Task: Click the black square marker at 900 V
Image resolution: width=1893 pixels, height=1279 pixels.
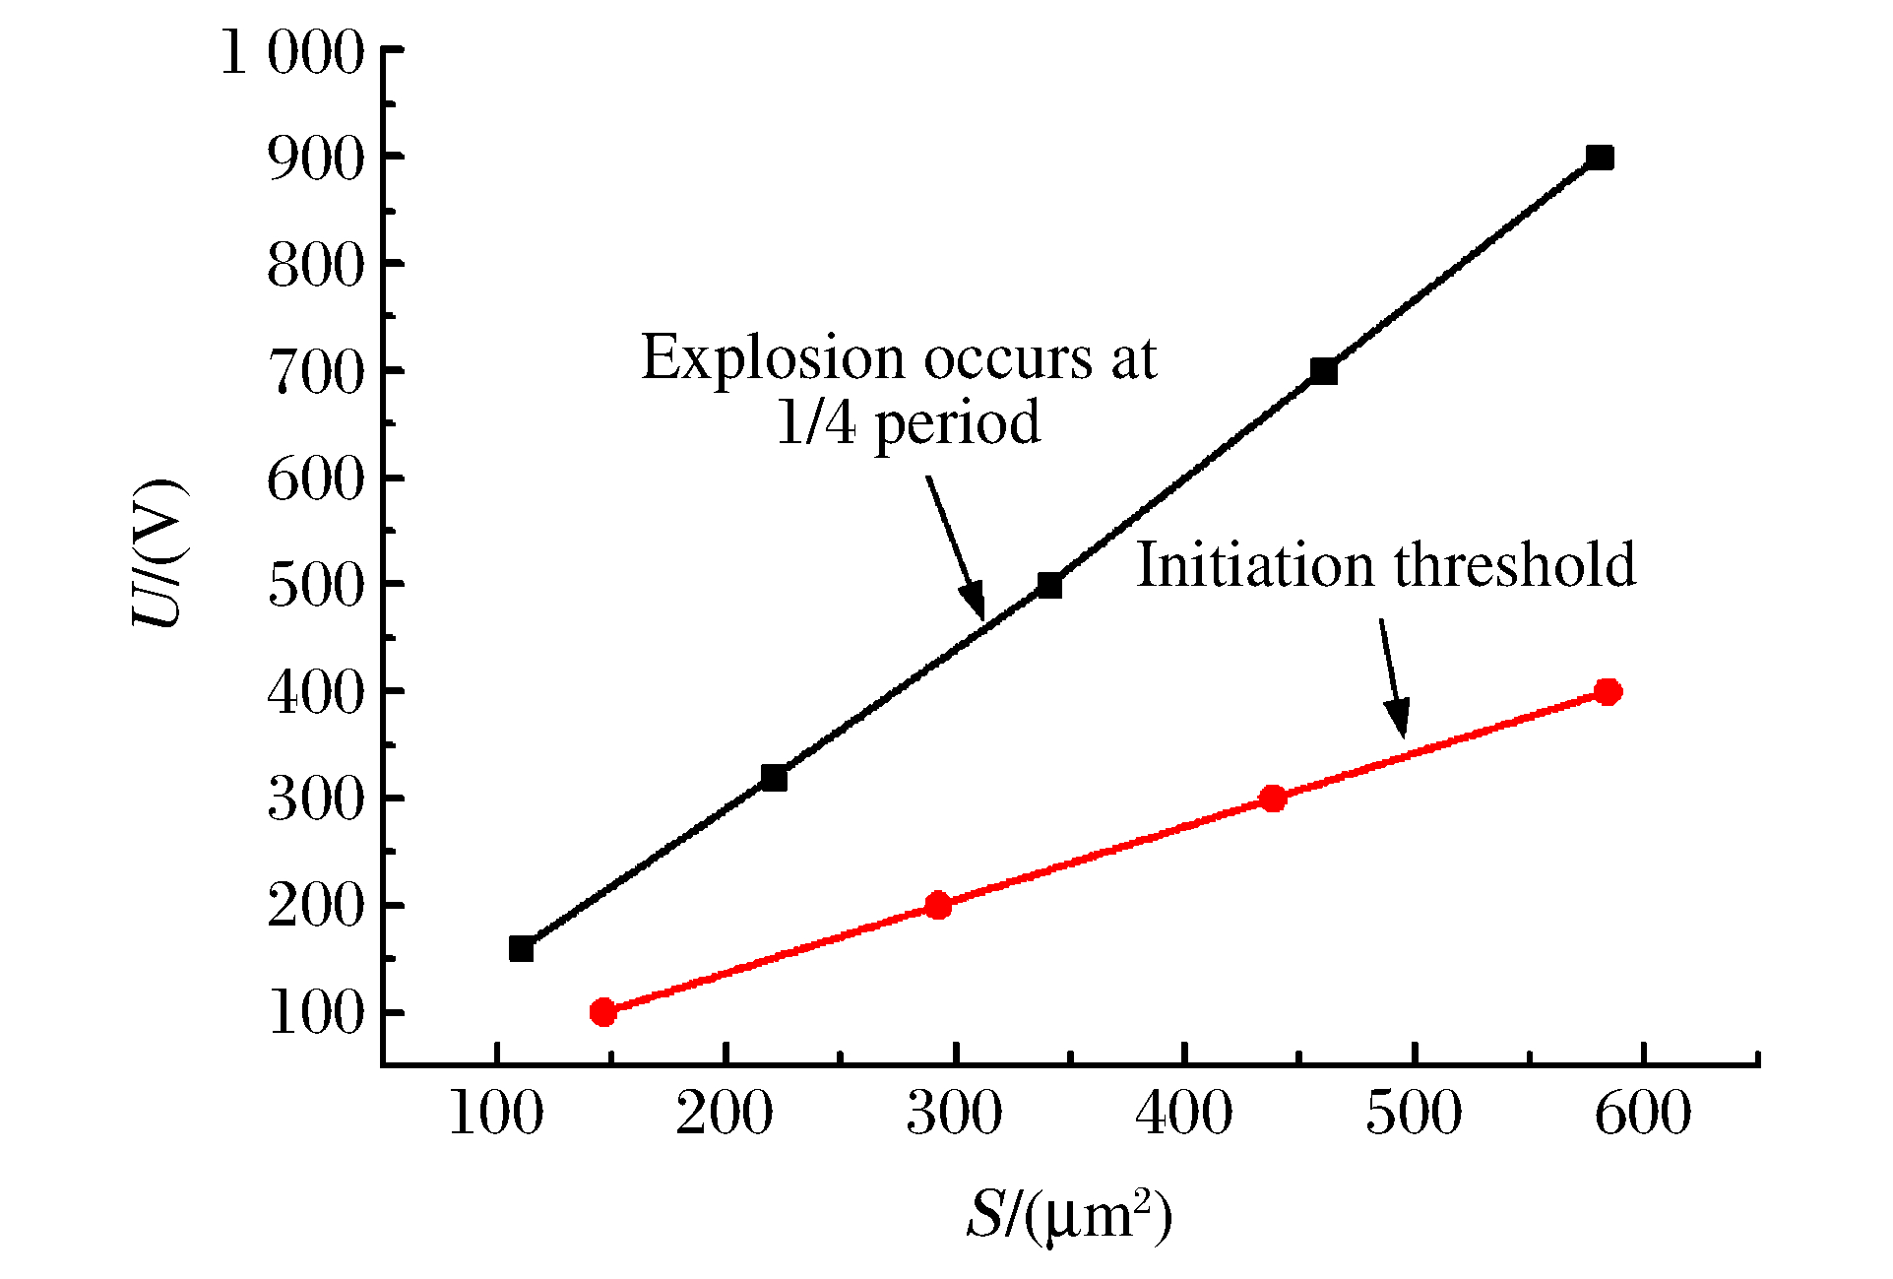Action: coord(1600,158)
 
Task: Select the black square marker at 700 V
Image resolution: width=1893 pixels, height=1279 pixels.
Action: coord(1324,371)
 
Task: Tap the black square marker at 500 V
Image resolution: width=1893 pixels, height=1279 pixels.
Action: coord(1049,586)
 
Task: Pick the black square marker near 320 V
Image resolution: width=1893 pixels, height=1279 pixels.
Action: coord(774,778)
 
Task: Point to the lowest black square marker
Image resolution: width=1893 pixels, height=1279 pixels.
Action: coord(521,949)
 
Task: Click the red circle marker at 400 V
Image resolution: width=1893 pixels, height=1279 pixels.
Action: coord(1608,691)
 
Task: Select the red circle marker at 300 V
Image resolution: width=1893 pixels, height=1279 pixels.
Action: coord(1273,799)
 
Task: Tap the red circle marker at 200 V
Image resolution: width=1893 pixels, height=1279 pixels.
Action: coord(938,905)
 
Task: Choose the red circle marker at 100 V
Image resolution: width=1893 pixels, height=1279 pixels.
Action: coord(603,1012)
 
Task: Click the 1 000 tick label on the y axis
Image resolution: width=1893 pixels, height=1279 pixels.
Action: coord(292,52)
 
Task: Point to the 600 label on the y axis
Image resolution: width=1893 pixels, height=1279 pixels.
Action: coord(316,480)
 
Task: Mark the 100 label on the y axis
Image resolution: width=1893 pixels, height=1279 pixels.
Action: coord(316,1013)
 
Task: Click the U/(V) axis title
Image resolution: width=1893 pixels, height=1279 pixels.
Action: coord(158,553)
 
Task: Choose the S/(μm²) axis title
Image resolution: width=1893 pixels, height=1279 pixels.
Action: coord(1069,1215)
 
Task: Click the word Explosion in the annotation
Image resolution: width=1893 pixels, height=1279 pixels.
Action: coord(773,358)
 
